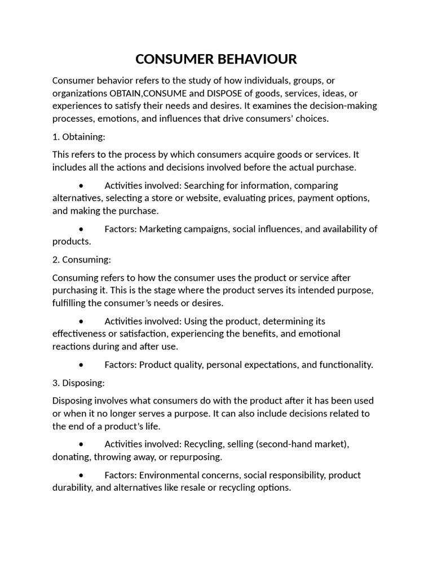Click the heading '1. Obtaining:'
coord(78,137)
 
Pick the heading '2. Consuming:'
coord(81,260)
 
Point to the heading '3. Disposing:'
coord(78,383)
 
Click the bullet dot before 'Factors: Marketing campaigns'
coord(82,229)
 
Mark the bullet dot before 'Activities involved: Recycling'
coord(82,444)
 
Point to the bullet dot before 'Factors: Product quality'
coord(82,365)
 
